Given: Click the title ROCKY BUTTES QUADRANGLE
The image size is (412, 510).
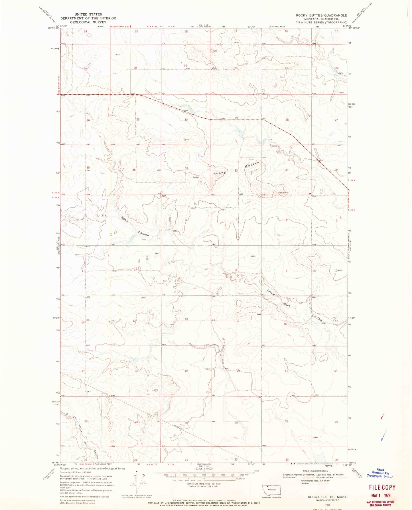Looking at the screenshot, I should tap(321, 15).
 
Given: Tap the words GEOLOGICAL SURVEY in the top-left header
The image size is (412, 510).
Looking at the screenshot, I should tap(88, 22).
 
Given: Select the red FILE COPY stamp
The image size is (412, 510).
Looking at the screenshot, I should tap(382, 487).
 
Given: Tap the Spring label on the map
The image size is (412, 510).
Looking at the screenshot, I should tap(196, 177).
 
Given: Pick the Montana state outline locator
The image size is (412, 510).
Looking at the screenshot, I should tap(271, 490).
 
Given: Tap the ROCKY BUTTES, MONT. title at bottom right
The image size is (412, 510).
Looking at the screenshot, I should tap(328, 497).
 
